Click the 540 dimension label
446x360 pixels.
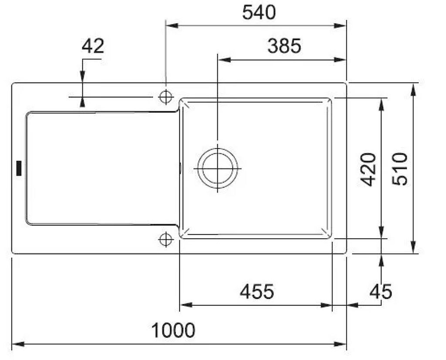(x=259, y=13)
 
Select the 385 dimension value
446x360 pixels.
(x=284, y=46)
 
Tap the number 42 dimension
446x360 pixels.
(x=93, y=46)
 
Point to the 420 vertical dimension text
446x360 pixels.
(x=368, y=169)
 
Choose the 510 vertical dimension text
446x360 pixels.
(x=400, y=169)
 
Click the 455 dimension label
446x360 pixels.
(x=257, y=291)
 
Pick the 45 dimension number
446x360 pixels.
(x=381, y=291)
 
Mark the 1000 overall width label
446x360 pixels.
(x=173, y=330)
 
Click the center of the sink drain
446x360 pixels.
(x=218, y=168)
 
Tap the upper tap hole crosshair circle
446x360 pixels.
(x=166, y=97)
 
